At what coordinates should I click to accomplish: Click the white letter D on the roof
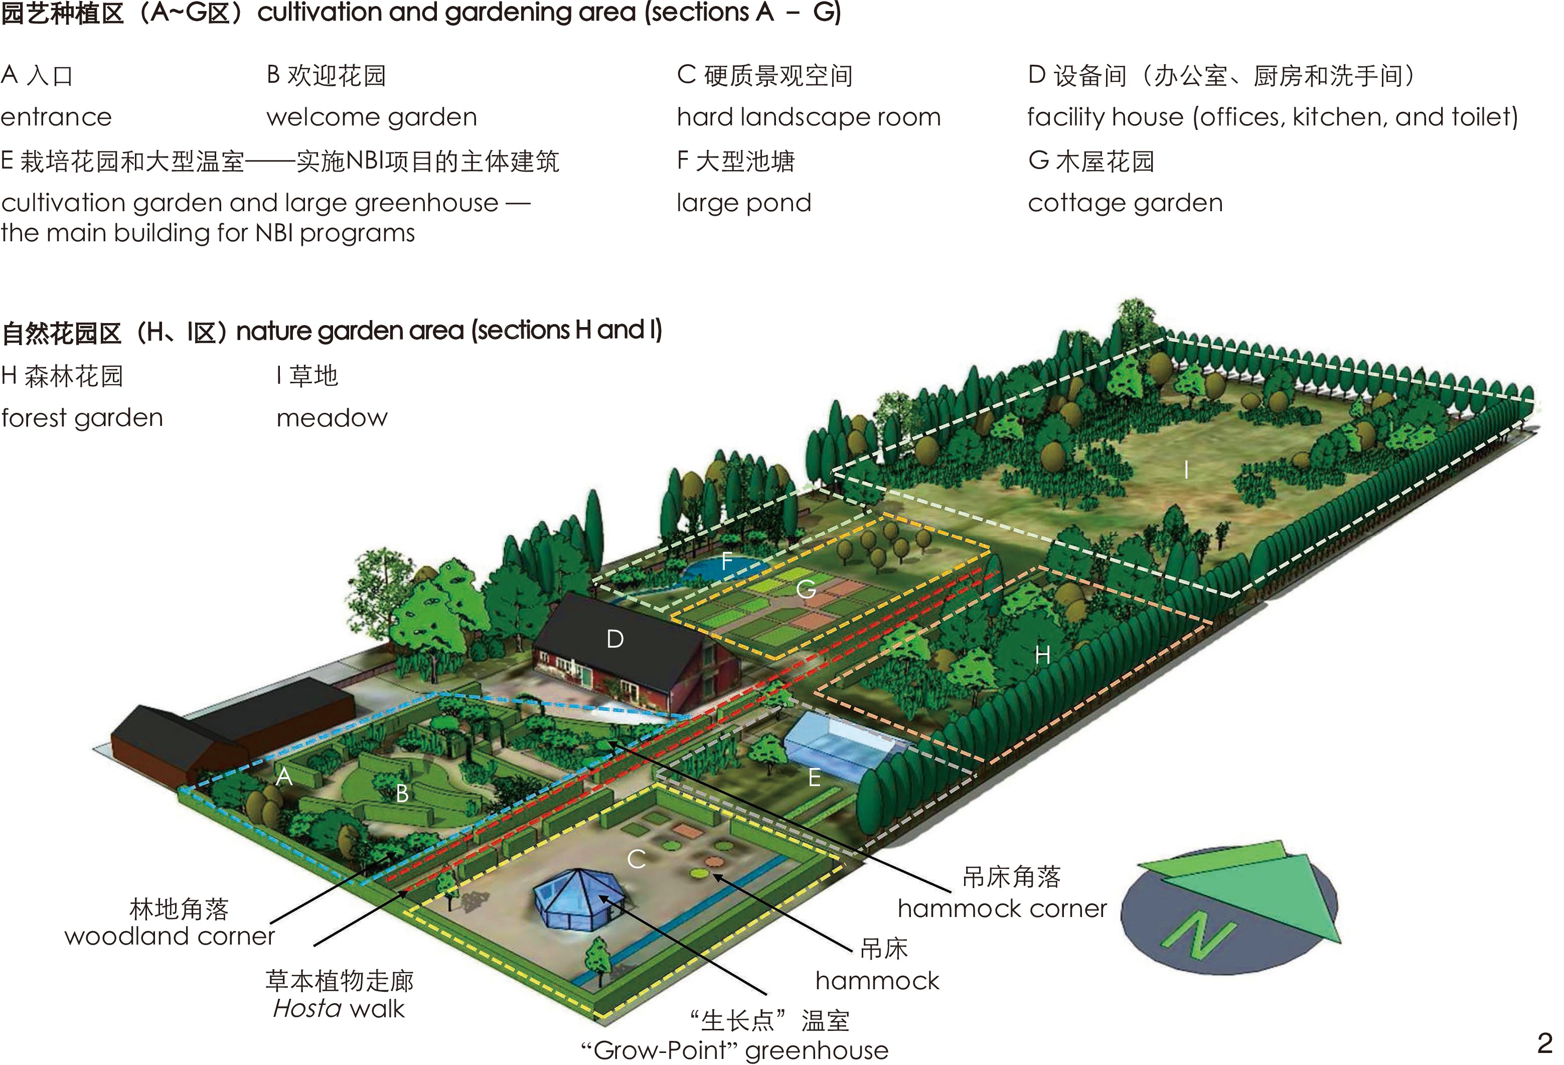[614, 639]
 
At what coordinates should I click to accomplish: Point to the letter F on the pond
[727, 561]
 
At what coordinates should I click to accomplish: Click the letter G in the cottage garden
[806, 590]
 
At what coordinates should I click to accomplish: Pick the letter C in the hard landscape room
[636, 859]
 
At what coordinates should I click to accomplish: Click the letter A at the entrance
[284, 777]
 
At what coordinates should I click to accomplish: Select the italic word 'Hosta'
[307, 1008]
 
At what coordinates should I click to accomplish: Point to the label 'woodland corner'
[170, 936]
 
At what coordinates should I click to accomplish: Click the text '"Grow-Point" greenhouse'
[734, 1050]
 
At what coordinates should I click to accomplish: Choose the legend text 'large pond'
[744, 203]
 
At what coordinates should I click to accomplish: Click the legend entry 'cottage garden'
[1125, 203]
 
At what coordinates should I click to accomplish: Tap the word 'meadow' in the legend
[332, 418]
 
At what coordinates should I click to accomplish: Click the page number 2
[1544, 1043]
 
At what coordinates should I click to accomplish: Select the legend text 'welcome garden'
[372, 117]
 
